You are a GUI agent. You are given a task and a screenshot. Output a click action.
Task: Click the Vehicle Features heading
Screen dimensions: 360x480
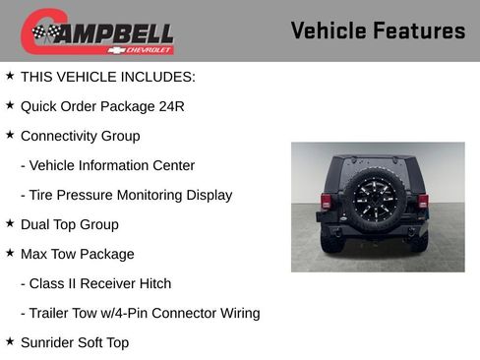coord(378,31)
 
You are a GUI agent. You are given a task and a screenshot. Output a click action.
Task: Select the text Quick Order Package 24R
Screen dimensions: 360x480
coord(102,106)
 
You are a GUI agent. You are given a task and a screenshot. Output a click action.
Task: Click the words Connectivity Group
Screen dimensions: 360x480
coord(80,136)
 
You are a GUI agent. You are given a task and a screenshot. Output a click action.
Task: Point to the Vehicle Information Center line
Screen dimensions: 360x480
coord(107,165)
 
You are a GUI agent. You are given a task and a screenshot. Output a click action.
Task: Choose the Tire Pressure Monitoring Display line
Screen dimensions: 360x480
coord(126,195)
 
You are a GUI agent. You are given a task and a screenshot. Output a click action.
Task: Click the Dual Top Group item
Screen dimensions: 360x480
coord(69,224)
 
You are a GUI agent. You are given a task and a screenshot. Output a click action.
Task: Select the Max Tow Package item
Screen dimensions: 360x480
coord(77,254)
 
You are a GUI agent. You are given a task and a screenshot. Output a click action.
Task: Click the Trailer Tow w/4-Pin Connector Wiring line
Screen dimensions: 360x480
coord(140,313)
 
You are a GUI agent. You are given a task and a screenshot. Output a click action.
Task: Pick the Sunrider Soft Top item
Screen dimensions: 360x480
coord(74,342)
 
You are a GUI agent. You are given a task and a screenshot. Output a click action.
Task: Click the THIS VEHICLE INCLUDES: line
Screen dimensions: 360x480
coord(107,77)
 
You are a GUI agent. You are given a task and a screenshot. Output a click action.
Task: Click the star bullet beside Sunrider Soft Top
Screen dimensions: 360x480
coord(10,341)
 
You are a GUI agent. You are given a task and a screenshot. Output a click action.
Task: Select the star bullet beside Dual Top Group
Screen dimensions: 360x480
coord(10,223)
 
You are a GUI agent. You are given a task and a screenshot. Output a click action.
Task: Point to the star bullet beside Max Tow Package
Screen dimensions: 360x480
coord(10,253)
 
